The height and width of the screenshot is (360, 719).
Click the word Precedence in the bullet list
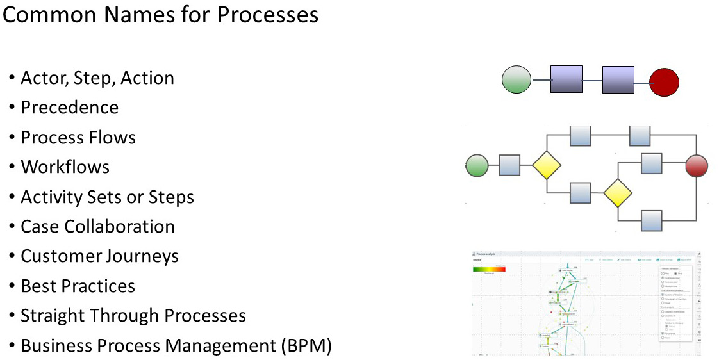point(69,108)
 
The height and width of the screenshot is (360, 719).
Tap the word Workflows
point(65,167)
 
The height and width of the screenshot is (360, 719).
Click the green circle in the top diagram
point(517,81)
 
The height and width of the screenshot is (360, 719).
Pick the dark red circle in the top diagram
point(663,83)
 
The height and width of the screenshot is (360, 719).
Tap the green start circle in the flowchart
point(477,165)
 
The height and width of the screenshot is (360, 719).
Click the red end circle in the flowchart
point(697,165)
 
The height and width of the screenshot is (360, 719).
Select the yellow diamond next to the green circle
point(547,165)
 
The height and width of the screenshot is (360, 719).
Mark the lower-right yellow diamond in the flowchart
point(618,193)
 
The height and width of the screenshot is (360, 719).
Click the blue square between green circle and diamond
point(509,165)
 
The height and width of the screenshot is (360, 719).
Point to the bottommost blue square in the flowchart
point(652,220)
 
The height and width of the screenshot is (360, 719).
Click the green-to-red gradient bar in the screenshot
point(489,269)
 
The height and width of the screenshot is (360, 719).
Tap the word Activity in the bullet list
point(50,197)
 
